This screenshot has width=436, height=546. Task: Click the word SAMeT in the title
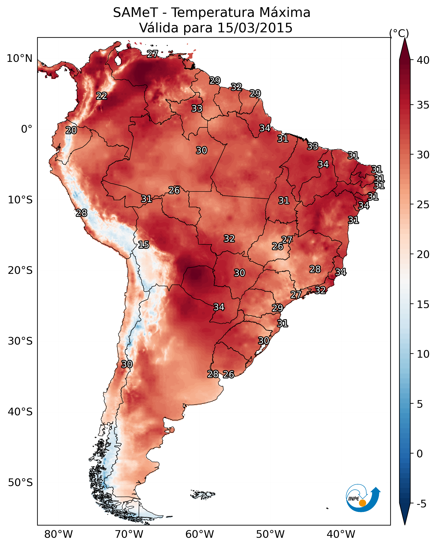point(136,13)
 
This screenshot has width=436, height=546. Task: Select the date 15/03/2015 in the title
point(255,28)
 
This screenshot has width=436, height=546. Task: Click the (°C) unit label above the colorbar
point(399,33)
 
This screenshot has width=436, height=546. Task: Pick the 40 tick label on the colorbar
point(423,60)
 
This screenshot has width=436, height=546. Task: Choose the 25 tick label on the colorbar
point(423,204)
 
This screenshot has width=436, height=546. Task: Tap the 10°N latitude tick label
point(19,58)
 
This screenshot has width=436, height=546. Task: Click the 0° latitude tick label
point(27,129)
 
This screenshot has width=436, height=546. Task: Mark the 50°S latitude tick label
point(20,483)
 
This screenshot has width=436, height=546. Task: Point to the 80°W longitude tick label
point(58,534)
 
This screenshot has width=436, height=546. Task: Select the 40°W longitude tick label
point(341,534)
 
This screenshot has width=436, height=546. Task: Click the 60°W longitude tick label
point(200,534)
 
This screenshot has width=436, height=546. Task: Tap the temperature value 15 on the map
point(143,245)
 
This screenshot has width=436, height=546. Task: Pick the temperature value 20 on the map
point(71,130)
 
